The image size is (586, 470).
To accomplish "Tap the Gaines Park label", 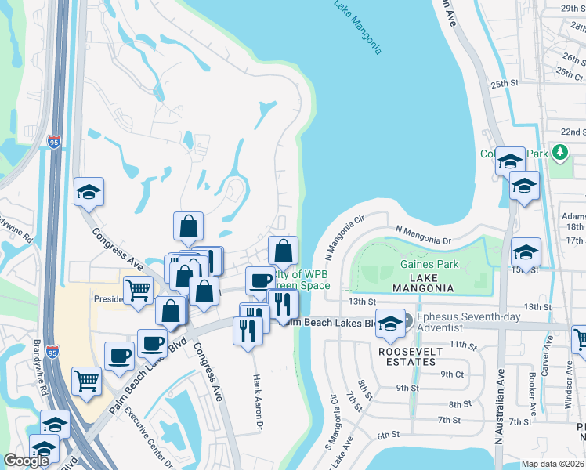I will click(429, 264).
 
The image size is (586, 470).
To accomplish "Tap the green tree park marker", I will click(559, 152).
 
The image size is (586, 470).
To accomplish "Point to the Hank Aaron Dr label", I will click(257, 402).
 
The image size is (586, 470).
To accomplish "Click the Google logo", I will click(26, 461).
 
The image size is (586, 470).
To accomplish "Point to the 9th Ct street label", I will click(453, 374).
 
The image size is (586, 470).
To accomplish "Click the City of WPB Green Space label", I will click(298, 280).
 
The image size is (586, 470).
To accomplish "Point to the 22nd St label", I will click(573, 132).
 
